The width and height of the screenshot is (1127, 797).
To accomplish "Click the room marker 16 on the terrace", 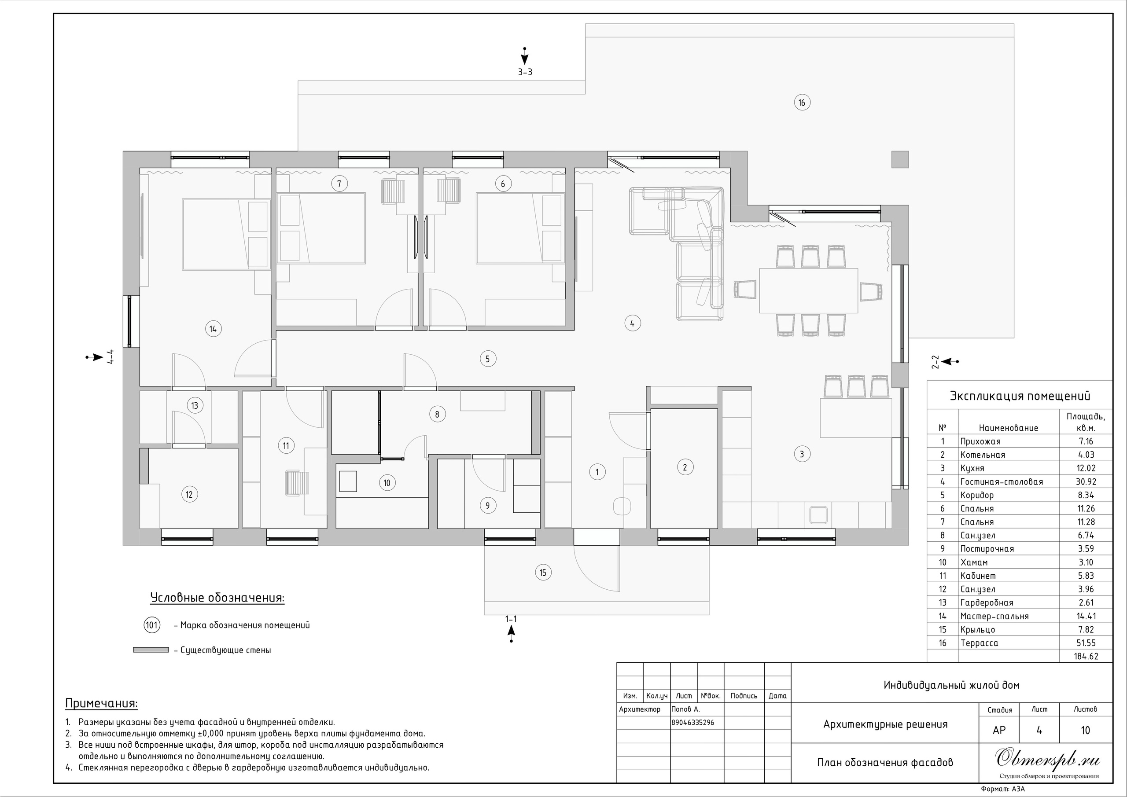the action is point(802,103).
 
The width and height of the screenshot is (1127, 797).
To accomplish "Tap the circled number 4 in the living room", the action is point(632,323).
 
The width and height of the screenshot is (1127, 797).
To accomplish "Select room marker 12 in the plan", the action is point(189,494).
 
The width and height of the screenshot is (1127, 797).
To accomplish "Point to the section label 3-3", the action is point(525,72).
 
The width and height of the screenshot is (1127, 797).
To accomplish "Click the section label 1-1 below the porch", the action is point(511,619).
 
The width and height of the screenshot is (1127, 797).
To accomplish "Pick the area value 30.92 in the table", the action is point(1086,482).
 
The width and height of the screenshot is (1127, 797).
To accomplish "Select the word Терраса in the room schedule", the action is point(979,643).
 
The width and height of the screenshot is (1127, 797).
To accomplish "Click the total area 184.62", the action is point(1086,656).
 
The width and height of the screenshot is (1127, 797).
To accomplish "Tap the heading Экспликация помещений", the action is point(1020,396).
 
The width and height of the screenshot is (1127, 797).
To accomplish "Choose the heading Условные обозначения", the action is point(217,598).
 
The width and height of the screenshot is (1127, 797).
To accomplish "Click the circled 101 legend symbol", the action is point(152,625).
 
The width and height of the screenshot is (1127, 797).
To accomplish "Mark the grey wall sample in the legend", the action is point(151,650).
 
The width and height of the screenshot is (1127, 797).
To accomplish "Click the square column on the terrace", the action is point(900,159).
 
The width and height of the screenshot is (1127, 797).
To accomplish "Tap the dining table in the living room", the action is point(808,290).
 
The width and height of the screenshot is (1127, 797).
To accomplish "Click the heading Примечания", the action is point(102,704).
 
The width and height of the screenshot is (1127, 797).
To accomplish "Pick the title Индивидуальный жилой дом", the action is point(951,685).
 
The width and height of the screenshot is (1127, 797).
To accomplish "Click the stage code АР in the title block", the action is point(999,730).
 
